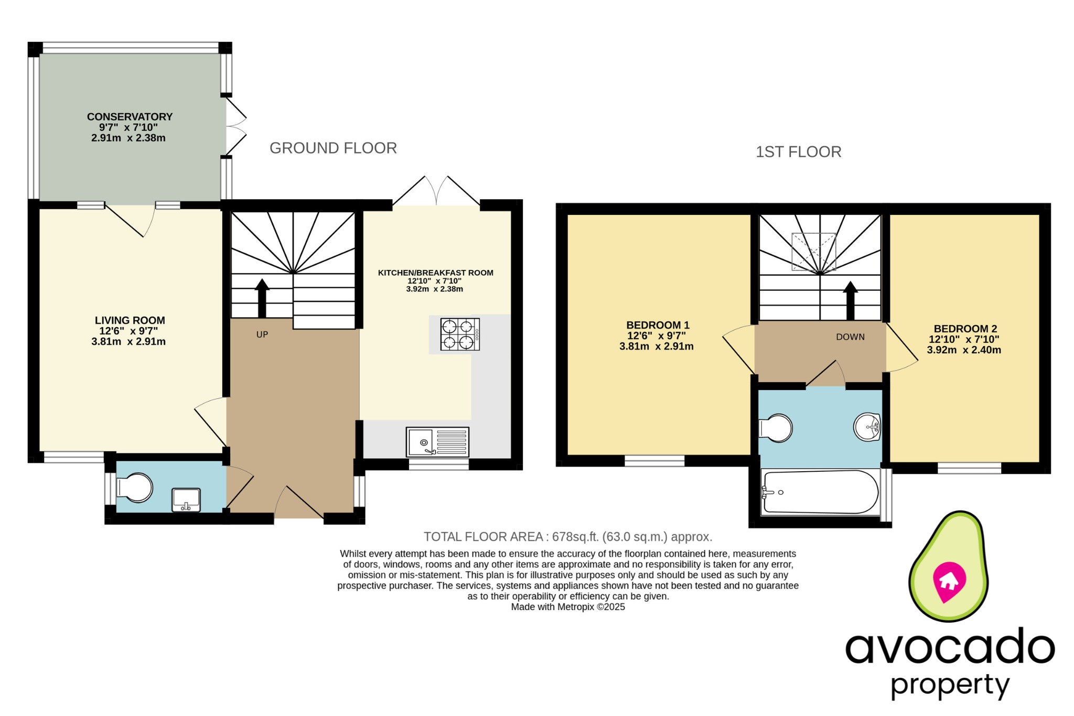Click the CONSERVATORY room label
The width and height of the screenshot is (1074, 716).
click(130, 117)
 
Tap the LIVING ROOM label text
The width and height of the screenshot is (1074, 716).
click(130, 320)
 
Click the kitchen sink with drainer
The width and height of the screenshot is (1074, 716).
click(437, 442)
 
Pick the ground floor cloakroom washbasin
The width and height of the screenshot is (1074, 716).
click(186, 500)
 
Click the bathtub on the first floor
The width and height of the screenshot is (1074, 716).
click(820, 492)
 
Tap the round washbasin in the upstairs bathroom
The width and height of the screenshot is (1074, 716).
click(867, 427)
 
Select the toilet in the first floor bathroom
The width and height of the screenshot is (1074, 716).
click(776, 428)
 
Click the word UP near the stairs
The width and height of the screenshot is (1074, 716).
click(262, 334)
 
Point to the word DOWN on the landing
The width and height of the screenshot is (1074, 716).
click(850, 337)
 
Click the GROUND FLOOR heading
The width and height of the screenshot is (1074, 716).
click(333, 148)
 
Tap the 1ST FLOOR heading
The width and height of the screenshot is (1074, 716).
click(798, 152)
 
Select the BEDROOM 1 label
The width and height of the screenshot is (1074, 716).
click(658, 326)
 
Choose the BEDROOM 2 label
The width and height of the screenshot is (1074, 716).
click(965, 329)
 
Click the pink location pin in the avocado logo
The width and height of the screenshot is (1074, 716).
click(949, 581)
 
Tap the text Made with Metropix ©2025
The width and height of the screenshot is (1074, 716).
click(568, 607)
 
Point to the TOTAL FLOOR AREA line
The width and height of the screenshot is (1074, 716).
click(567, 537)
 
